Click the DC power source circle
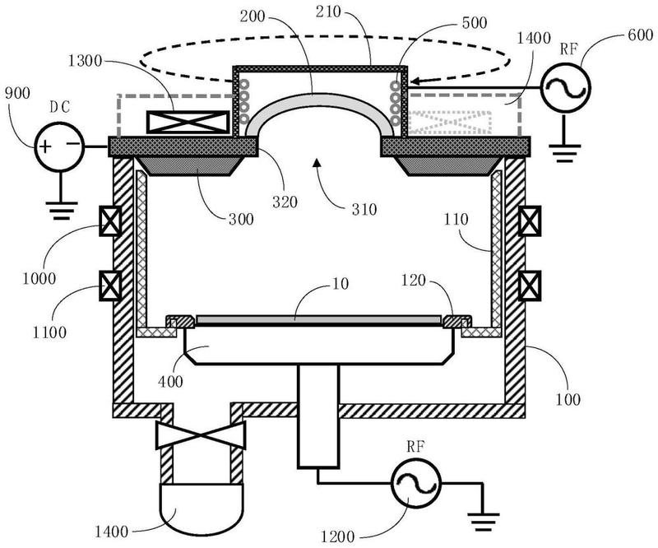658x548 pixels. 59,146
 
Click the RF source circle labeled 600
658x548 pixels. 565,87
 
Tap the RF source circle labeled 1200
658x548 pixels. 416,483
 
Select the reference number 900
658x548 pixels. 17,93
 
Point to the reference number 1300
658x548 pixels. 85,62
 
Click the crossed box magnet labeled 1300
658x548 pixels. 188,123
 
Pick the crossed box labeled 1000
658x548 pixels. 110,221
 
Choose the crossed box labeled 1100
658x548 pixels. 110,286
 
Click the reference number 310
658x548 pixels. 364,209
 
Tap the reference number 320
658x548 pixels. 285,202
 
